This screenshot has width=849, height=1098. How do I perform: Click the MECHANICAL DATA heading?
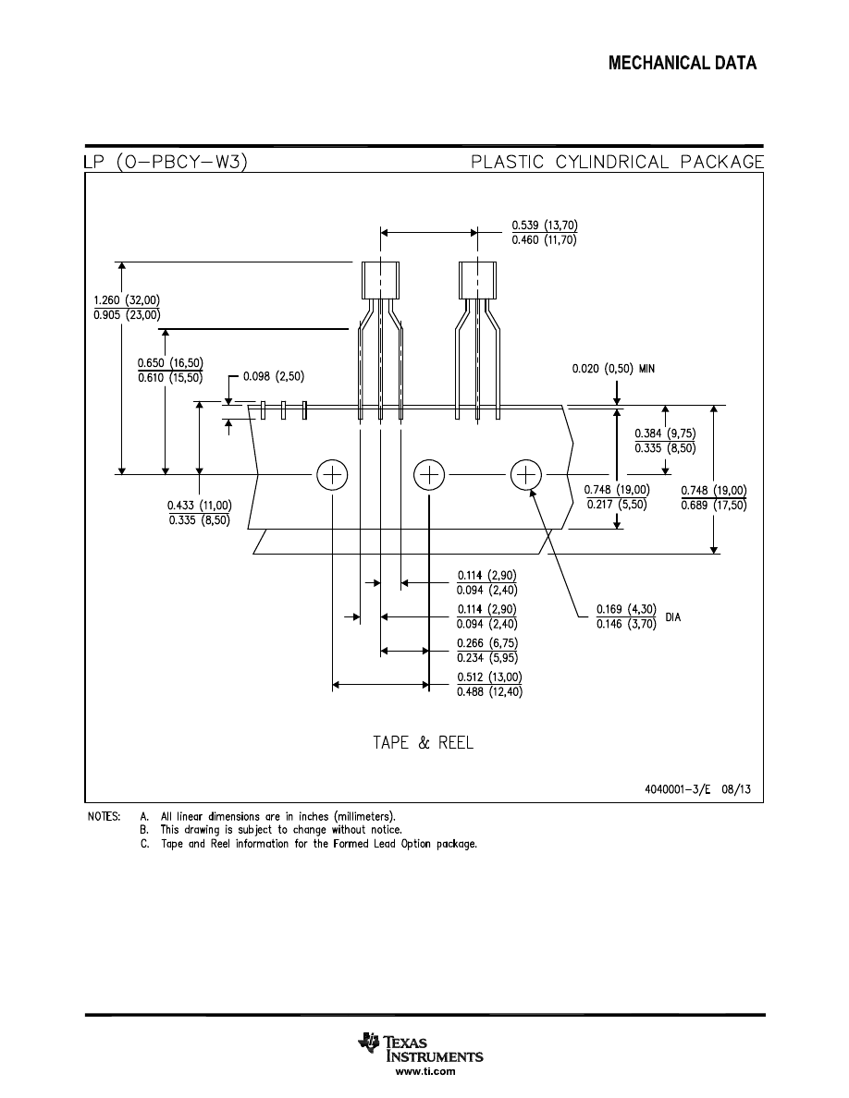(683, 64)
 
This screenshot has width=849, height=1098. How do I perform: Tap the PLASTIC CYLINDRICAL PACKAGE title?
(617, 163)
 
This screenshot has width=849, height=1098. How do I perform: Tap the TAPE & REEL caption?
(423, 743)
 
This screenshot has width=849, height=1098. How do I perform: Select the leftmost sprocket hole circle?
(332, 475)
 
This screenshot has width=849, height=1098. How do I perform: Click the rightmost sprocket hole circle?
(525, 475)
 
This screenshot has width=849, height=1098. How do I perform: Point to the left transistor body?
(380, 280)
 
